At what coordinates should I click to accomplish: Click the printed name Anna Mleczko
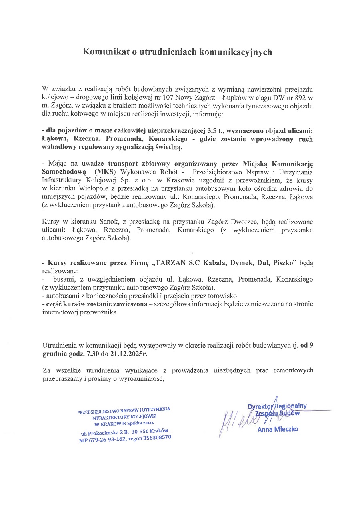coord(278,430)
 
